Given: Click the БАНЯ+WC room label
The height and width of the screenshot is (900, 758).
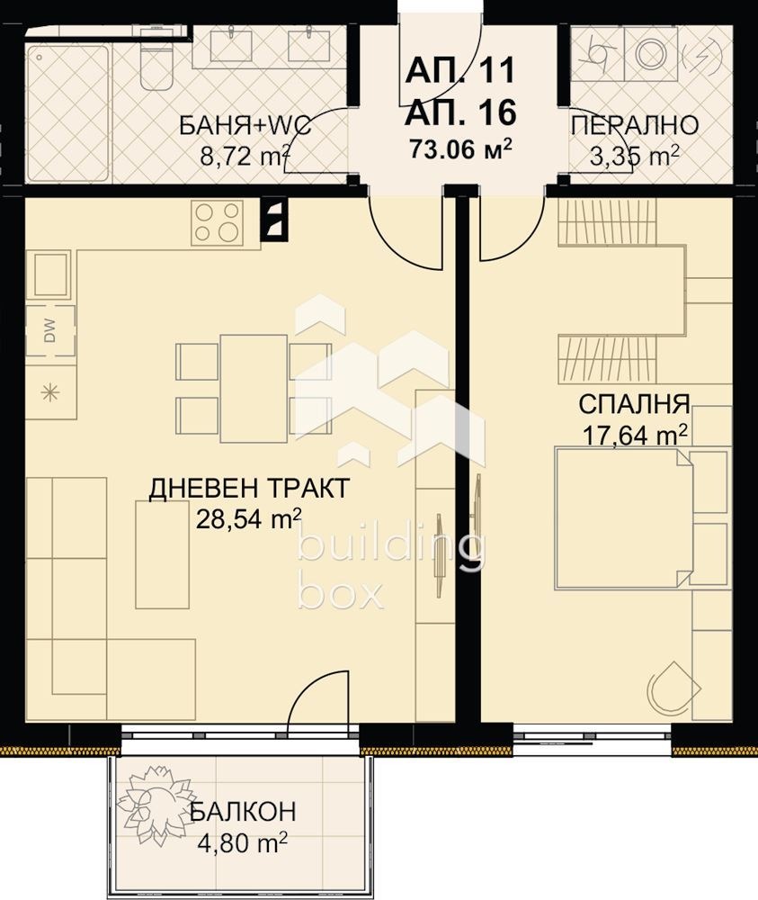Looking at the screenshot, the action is [245, 125].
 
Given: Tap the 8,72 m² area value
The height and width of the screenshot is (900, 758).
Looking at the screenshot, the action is [245, 155].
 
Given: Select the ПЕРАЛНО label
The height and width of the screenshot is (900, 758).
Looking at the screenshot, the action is [635, 125].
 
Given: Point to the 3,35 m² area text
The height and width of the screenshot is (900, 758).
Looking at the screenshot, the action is [634, 155].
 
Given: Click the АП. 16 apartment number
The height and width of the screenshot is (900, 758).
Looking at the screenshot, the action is [460, 112].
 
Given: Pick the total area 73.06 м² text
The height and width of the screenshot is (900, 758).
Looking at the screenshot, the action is [459, 149].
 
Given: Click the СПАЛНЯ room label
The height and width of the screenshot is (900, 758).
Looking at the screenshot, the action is [634, 405].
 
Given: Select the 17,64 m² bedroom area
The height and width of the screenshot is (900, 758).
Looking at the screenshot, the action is [635, 435].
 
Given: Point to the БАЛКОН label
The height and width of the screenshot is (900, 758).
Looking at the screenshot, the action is [243, 812].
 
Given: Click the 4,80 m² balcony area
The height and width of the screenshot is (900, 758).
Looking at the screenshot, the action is [242, 842].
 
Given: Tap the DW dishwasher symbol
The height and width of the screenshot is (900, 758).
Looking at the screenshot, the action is [50, 331].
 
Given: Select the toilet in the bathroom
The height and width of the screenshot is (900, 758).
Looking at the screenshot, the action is [156, 60].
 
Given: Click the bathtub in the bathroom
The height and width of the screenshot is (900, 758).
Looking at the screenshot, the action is [68, 111].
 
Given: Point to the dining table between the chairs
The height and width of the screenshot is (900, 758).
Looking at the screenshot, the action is [254, 389].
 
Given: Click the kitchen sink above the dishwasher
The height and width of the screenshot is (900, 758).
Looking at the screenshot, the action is [50, 276].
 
